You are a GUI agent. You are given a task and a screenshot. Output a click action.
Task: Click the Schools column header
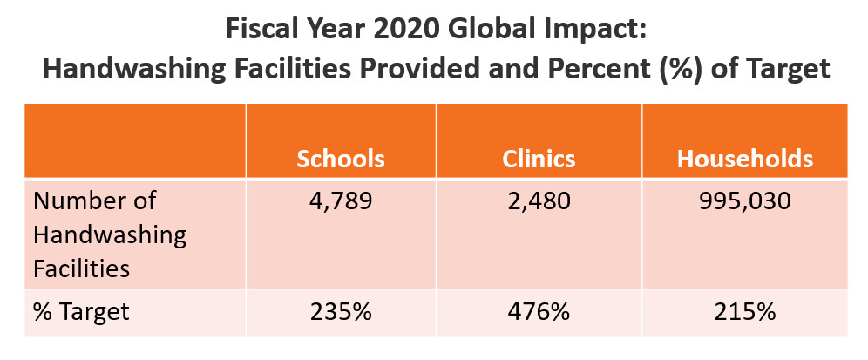tap(341, 159)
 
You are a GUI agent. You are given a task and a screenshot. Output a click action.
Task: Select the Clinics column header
tap(539, 159)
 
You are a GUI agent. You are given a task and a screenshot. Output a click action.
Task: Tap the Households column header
tap(745, 159)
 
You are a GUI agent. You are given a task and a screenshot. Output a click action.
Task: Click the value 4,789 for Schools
tap(341, 201)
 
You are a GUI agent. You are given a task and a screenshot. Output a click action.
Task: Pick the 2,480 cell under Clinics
tap(539, 201)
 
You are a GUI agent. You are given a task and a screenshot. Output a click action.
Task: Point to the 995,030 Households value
tap(745, 201)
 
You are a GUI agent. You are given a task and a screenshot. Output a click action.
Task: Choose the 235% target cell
tap(341, 312)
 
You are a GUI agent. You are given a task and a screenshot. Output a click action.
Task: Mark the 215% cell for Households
tap(745, 312)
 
